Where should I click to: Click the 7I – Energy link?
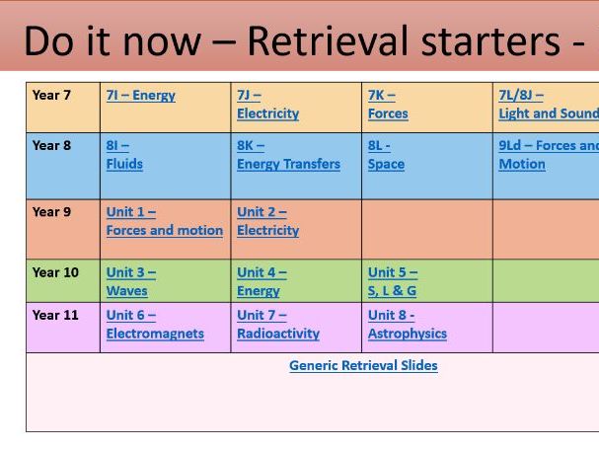(140, 96)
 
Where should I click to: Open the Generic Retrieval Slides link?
(363, 365)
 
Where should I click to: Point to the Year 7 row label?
(51, 96)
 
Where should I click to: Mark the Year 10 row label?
(55, 272)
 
